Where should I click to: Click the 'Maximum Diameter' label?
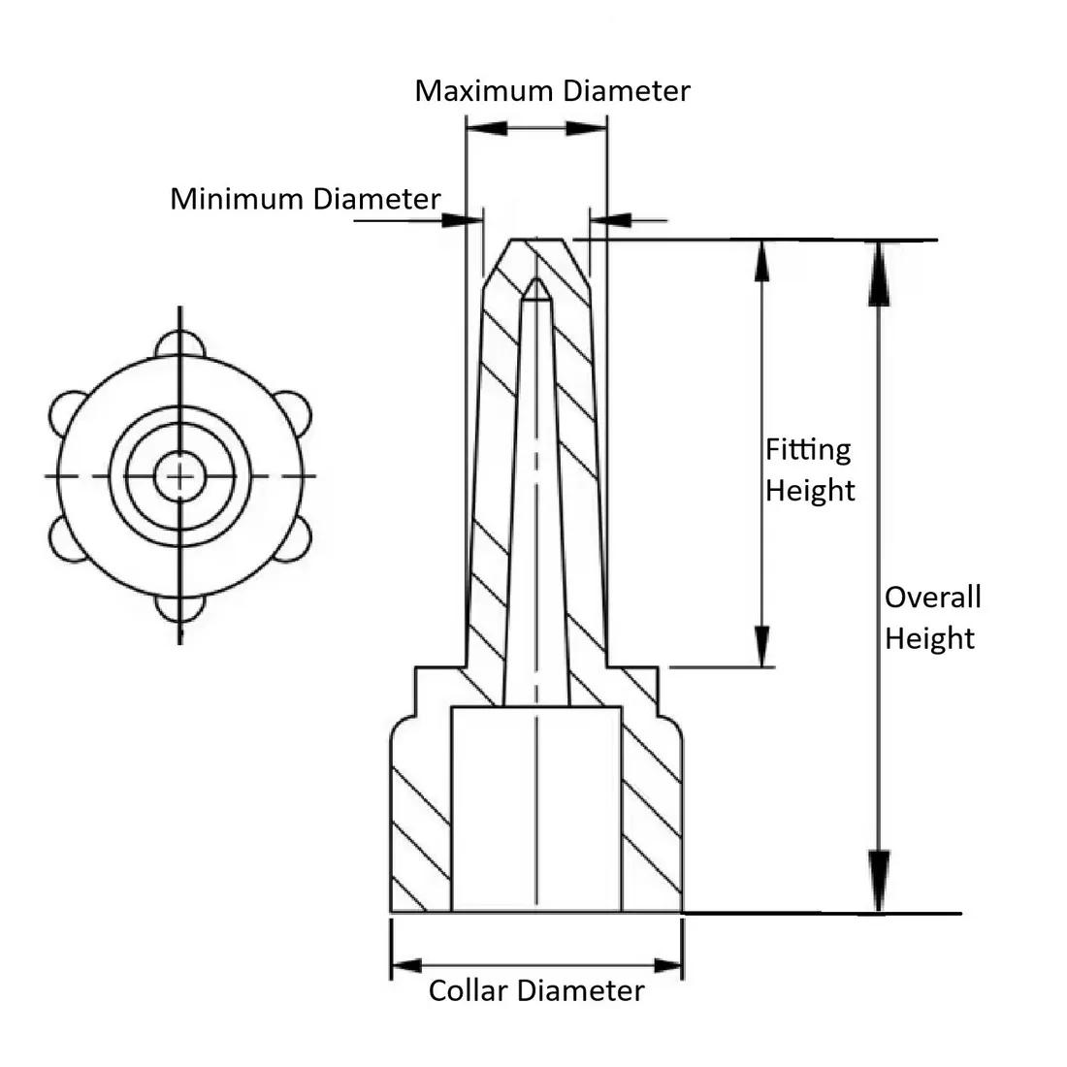[x=552, y=91]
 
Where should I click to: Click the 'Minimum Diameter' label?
[x=305, y=199]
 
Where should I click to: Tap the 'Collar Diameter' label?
[x=535, y=990]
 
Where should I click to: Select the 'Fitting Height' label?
[x=809, y=469]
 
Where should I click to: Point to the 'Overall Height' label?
[x=931, y=617]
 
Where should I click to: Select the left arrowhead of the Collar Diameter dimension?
[x=407, y=965]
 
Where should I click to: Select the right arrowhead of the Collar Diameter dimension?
[x=667, y=965]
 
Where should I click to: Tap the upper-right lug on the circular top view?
[x=292, y=411]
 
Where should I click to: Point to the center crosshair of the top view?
[x=179, y=476]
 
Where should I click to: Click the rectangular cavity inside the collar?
[x=535, y=810]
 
